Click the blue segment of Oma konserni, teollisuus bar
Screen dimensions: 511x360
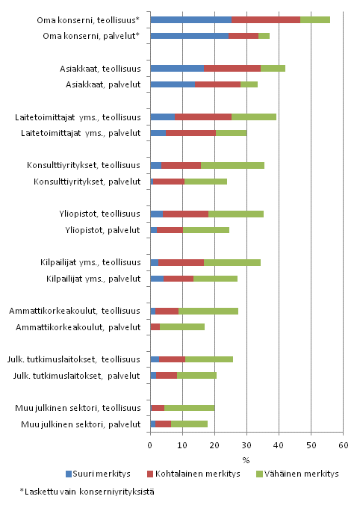pyautogui.click(x=190, y=19)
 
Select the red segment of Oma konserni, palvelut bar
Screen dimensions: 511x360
pyautogui.click(x=243, y=35)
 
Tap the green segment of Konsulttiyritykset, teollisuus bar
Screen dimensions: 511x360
pyautogui.click(x=232, y=165)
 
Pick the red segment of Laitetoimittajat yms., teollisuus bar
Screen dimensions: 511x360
pyautogui.click(x=202, y=117)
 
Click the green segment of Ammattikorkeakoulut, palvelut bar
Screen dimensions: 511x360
pyautogui.click(x=182, y=326)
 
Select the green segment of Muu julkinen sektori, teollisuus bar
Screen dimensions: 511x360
pyautogui.click(x=190, y=408)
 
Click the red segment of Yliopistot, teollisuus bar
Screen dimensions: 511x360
pyautogui.click(x=185, y=214)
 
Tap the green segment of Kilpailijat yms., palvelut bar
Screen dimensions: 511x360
pyautogui.click(x=215, y=279)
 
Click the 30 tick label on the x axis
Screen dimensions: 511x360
pyautogui.click(x=246, y=445)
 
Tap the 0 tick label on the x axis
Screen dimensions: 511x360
pyautogui.click(x=150, y=445)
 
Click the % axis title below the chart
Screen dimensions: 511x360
pyautogui.click(x=246, y=459)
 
